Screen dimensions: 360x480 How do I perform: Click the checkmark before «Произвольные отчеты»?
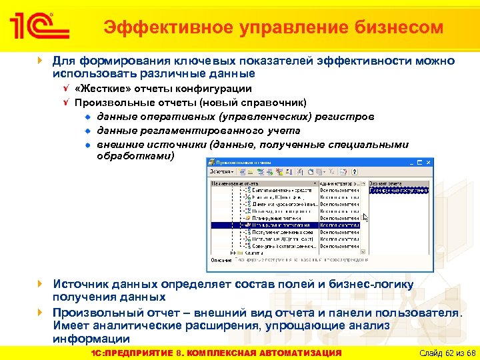[65, 103]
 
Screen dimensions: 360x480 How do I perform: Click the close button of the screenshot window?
[428, 162]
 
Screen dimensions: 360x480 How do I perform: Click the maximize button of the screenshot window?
[420, 162]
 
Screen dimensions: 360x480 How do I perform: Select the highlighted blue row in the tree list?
[287, 225]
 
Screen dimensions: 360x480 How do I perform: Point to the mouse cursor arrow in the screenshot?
[365, 217]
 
